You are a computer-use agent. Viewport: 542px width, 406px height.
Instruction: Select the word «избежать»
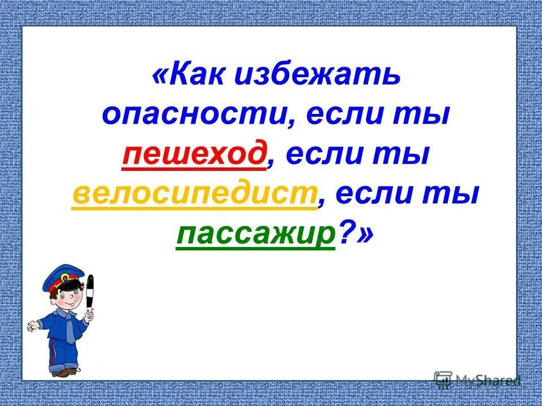317,76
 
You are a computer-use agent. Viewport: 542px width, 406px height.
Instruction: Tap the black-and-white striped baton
90,293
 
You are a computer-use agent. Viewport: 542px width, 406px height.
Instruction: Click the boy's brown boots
63,372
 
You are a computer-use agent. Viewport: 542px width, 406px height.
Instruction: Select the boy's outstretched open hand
32,326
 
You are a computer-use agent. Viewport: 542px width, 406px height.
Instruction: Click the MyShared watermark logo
477,379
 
